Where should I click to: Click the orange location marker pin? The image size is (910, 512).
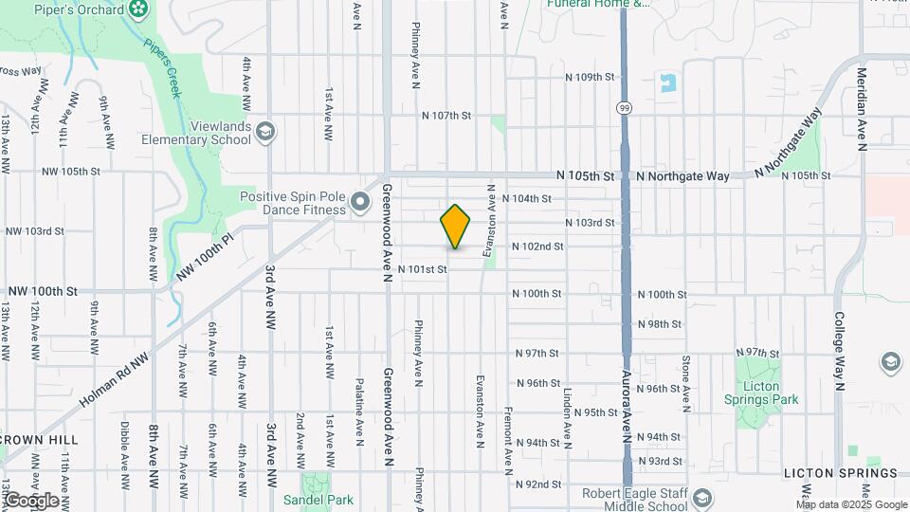point(456,227)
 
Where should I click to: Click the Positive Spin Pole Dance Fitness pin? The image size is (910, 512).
point(359,201)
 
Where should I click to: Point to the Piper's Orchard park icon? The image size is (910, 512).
point(139,9)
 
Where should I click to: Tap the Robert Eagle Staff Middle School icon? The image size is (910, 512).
point(702,499)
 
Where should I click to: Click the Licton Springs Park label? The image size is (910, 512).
point(757,393)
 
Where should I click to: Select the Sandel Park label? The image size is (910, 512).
point(318,500)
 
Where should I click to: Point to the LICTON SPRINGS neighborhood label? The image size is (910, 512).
point(840,473)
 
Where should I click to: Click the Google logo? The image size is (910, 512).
point(30,500)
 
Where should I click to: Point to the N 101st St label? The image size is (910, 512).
point(422,269)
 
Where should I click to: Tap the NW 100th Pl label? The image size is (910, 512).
point(204,258)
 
